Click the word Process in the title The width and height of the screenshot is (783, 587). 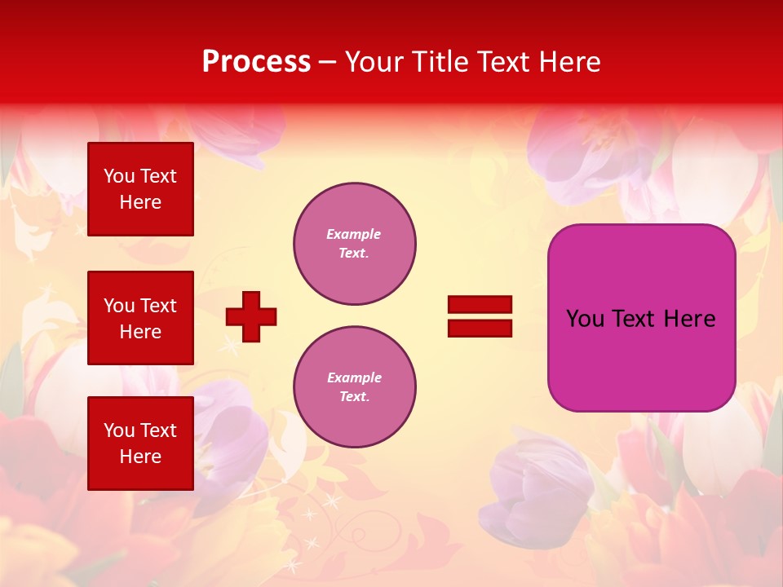256,62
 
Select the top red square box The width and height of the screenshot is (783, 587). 140,189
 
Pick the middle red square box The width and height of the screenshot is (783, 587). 140,318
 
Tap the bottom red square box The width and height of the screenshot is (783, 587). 140,443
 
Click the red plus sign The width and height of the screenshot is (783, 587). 251,316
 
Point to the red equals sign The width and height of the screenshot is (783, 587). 480,316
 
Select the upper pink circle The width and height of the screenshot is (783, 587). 355,244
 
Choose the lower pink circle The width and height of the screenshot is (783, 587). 355,387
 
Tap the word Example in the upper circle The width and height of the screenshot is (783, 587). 353,234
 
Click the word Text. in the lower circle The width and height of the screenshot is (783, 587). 355,396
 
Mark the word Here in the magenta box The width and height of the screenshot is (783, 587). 689,319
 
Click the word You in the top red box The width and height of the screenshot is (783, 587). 119,176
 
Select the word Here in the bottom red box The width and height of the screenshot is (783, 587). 140,457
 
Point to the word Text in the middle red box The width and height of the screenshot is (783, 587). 158,306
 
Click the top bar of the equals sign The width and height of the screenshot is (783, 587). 480,305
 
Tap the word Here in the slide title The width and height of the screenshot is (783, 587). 569,62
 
